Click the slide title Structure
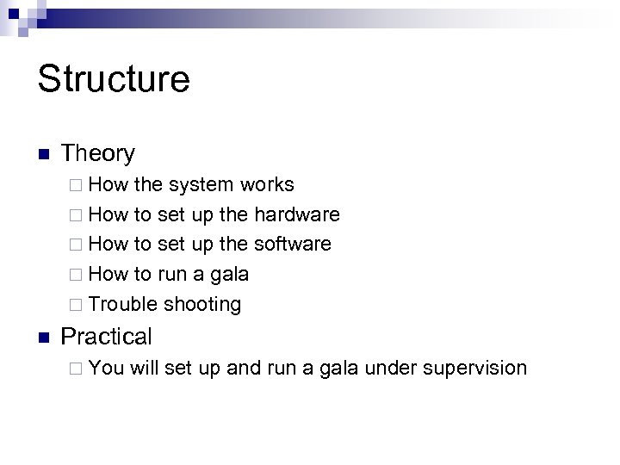tap(114, 79)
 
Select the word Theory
tap(98, 154)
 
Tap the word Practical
tap(106, 337)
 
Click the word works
tap(267, 185)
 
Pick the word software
tap(293, 245)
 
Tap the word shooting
tap(202, 305)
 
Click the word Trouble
tap(123, 305)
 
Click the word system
tap(202, 185)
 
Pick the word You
tap(106, 369)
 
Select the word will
tap(145, 369)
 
